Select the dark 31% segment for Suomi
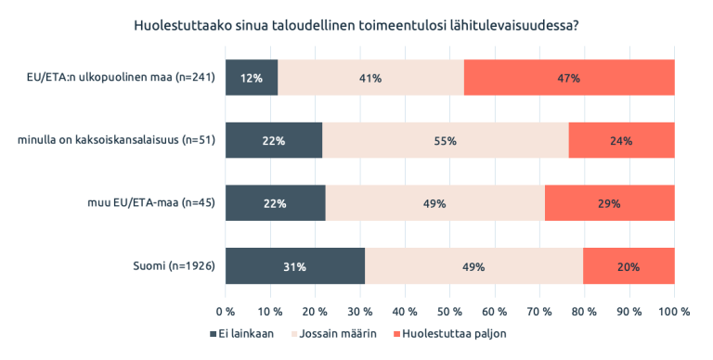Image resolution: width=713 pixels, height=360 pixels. [x=294, y=266]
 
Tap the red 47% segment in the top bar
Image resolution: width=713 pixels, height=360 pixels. [x=568, y=78]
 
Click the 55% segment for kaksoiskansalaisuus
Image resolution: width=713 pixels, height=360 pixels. [x=445, y=141]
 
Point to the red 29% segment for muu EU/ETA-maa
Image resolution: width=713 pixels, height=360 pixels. [x=609, y=203]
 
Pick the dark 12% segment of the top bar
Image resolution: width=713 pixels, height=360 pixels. [x=252, y=78]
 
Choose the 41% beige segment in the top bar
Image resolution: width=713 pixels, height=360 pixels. [x=370, y=78]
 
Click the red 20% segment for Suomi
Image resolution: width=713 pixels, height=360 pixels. [x=629, y=266]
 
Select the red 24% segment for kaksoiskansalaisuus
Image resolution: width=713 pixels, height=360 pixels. [x=621, y=141]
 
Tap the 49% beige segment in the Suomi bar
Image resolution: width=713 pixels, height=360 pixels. [x=474, y=266]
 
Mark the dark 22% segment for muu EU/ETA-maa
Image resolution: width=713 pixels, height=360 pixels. [x=276, y=203]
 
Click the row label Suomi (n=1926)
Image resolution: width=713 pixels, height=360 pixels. [x=175, y=266]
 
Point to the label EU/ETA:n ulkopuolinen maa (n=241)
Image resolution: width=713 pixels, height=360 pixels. [x=121, y=78]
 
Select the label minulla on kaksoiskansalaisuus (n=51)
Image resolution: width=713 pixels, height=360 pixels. [x=117, y=141]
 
